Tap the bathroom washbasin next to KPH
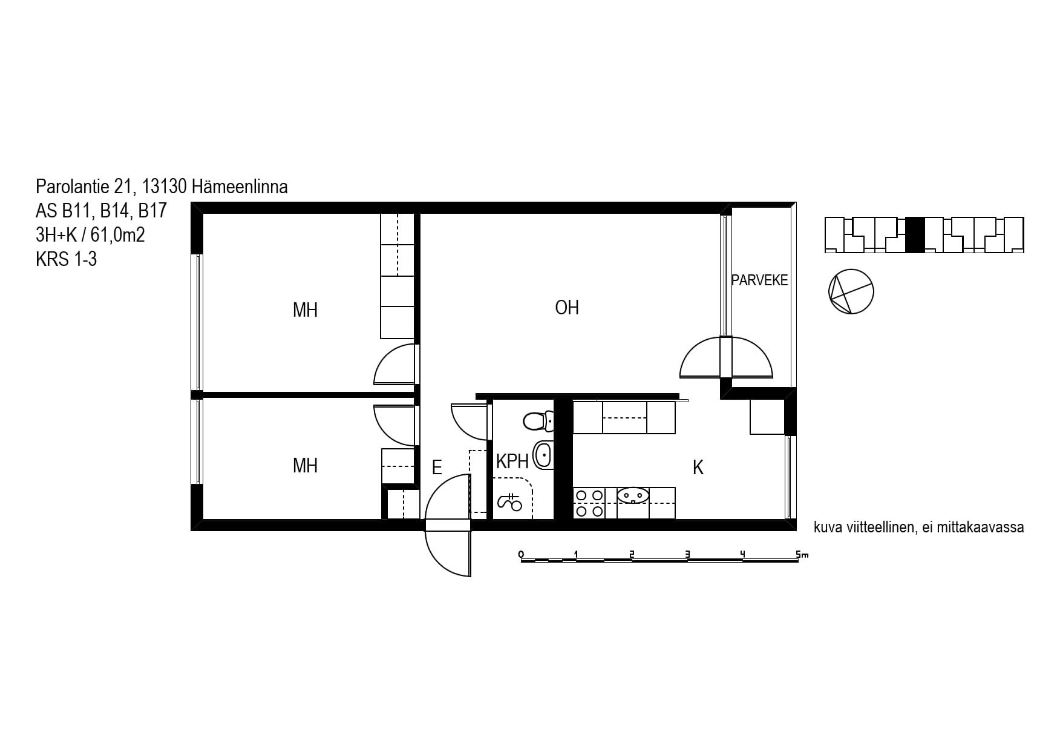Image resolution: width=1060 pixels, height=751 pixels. click(x=543, y=455)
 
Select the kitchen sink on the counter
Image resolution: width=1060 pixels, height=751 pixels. click(x=633, y=495)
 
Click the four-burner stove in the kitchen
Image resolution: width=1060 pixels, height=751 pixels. click(x=589, y=503)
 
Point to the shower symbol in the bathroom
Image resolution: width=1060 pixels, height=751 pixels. click(x=509, y=501)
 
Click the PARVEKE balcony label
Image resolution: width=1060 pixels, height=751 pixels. click(x=759, y=280)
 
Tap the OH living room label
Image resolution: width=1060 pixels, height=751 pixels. click(x=567, y=308)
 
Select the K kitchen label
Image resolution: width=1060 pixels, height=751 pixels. click(x=698, y=468)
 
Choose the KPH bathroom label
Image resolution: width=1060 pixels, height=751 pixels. click(x=512, y=462)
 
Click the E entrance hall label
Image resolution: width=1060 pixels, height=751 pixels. click(x=437, y=468)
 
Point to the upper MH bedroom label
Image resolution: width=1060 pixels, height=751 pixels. click(x=305, y=310)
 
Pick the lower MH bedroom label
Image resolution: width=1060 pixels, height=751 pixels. click(x=305, y=465)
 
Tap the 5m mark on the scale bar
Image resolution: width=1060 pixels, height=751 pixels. click(x=802, y=554)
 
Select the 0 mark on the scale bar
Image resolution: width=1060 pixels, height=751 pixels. click(x=522, y=554)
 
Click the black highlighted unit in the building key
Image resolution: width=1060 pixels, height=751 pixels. click(x=915, y=235)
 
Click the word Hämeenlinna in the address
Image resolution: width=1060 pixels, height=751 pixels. click(x=240, y=187)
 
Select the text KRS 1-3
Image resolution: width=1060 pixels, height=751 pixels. click(x=66, y=259)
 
